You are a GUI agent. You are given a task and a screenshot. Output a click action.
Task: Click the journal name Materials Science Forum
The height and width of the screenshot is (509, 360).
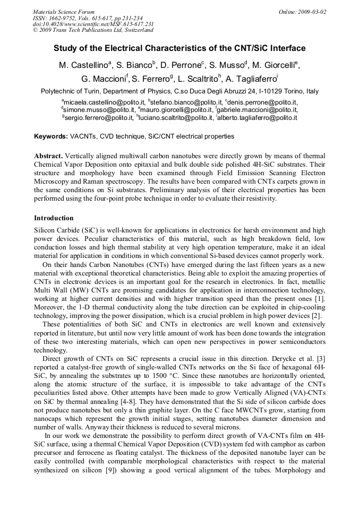click(64, 11)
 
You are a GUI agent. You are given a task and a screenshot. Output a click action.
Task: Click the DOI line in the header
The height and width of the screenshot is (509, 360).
click(93, 24)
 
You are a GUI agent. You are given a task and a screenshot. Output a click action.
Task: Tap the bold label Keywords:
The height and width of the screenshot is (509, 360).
click(51, 136)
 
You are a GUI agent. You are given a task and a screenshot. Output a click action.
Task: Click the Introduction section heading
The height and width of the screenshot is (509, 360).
click(54, 218)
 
